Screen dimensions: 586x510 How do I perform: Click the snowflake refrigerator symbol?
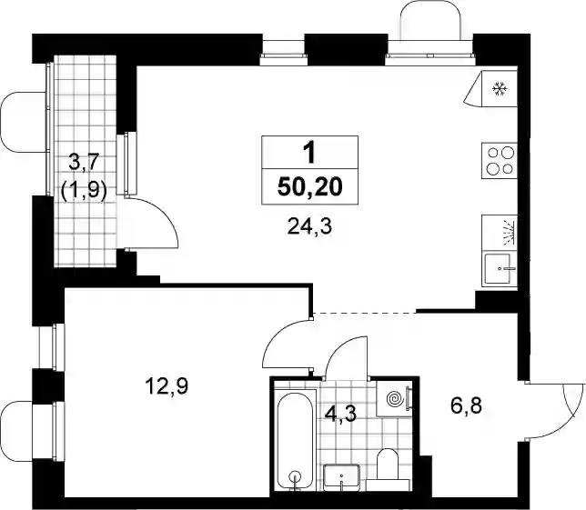(x=500, y=89)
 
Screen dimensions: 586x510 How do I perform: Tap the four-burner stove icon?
(x=500, y=161)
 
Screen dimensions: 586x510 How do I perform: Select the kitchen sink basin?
(x=500, y=268)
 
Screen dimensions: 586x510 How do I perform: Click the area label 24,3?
(x=309, y=226)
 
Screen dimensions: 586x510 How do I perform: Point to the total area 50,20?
(x=309, y=187)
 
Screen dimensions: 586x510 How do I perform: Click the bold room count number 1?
(x=309, y=154)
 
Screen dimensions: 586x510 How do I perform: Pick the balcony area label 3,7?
(x=84, y=163)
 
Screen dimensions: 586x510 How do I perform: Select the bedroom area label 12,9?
(x=167, y=385)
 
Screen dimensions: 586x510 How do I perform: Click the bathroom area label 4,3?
(x=341, y=414)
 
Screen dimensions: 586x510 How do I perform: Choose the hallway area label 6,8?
(x=467, y=405)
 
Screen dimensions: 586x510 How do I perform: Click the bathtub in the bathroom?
(x=296, y=441)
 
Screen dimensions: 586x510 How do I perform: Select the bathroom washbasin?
(x=341, y=477)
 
